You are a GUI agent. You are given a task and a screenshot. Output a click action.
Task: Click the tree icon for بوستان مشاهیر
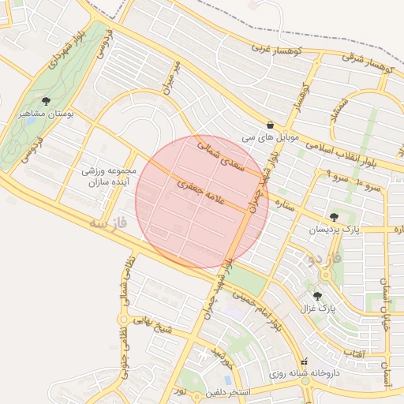coord(46,101)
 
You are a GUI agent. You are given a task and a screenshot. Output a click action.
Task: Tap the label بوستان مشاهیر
coord(47,114)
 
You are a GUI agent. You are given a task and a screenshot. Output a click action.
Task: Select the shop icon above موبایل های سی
coord(271,125)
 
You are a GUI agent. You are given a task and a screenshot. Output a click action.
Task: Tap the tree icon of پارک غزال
coord(318,296)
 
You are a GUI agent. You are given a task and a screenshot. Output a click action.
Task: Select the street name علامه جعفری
coord(203,192)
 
